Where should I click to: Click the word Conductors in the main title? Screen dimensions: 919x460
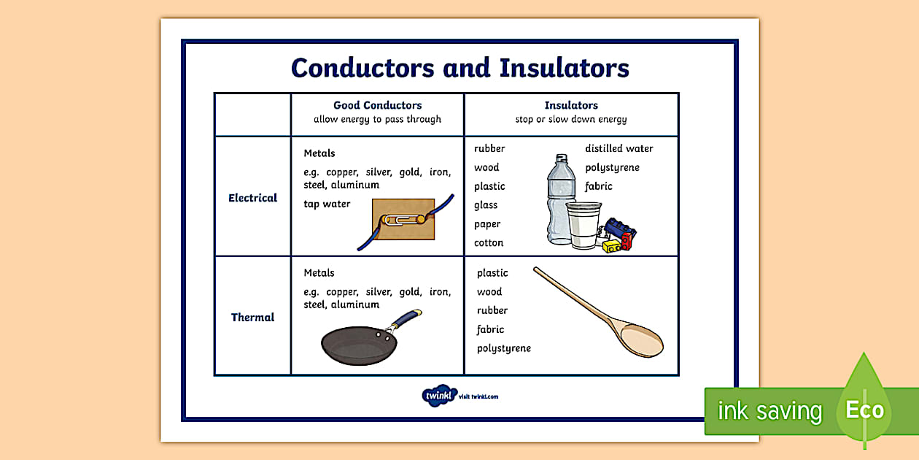(362, 68)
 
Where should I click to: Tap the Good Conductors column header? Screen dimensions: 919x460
(378, 105)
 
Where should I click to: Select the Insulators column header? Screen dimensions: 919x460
(571, 105)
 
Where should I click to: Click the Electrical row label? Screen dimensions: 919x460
(252, 198)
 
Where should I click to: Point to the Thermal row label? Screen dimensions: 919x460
(252, 318)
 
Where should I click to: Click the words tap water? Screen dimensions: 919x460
(327, 204)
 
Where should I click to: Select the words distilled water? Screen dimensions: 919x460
(619, 148)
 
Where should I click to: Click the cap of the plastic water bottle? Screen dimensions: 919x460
(562, 158)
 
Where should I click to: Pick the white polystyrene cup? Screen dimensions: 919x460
(583, 225)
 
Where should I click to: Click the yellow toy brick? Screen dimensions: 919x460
(611, 247)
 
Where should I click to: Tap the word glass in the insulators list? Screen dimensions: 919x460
(486, 205)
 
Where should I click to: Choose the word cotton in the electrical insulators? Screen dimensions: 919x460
(489, 242)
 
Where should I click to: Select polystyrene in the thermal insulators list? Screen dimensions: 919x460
(504, 348)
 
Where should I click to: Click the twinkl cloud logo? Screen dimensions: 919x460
(439, 396)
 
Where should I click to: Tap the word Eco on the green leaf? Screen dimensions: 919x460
(865, 410)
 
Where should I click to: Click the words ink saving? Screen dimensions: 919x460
(769, 410)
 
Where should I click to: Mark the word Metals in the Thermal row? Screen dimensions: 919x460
(319, 273)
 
